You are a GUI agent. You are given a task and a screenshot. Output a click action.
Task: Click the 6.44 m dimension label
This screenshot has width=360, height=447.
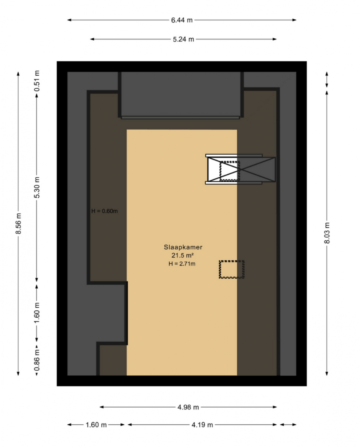[x=182, y=20]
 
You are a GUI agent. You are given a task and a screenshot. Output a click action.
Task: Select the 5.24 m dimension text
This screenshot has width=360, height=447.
[x=183, y=39]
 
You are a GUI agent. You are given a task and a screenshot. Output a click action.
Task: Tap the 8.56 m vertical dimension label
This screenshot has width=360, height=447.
[x=19, y=223]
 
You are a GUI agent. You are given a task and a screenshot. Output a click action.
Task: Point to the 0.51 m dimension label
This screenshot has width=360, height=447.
[x=37, y=81]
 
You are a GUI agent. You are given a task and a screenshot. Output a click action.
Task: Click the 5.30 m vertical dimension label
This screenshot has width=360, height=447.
[x=37, y=188]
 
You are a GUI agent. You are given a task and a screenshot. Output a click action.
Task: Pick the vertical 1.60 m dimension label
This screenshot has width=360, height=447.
[x=37, y=313]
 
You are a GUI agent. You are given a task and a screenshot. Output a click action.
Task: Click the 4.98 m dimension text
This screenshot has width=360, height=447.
[x=188, y=407]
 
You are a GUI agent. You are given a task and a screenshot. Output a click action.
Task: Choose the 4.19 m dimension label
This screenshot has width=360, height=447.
[x=202, y=425]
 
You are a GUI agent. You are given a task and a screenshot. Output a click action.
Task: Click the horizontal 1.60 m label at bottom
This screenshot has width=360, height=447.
[x=96, y=425]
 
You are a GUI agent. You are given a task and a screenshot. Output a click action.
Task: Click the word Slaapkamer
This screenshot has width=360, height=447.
[x=183, y=247]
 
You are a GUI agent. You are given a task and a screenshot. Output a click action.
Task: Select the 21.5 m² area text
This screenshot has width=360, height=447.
[x=183, y=255]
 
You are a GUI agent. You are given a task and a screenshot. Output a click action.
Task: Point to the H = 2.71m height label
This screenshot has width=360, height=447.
[x=182, y=264]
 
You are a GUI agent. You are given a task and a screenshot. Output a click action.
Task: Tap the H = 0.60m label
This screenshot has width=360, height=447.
[x=105, y=211]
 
